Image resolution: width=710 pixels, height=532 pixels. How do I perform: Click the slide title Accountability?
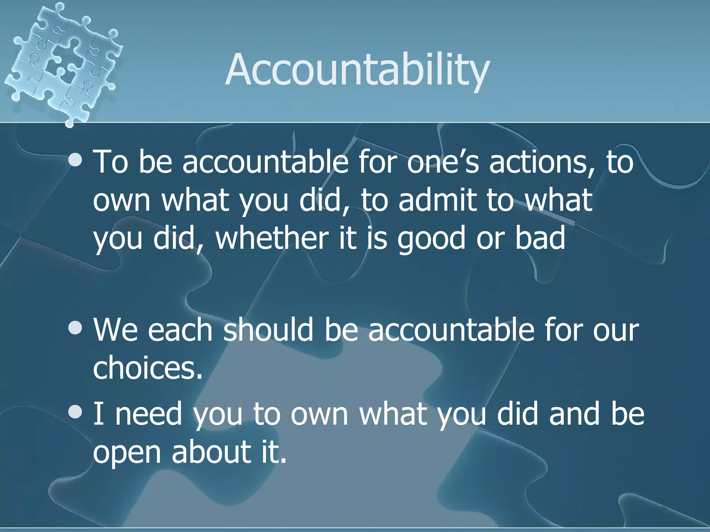[x=357, y=70]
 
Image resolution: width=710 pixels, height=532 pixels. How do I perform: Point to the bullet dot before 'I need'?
[x=75, y=412]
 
